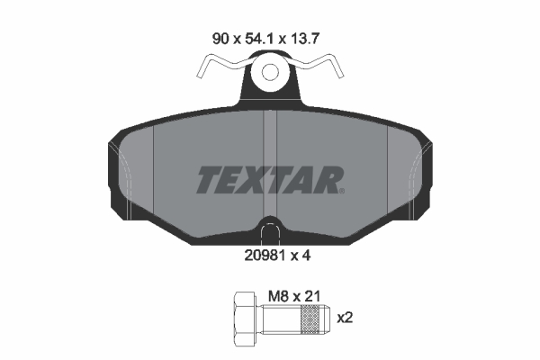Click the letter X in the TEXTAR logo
pos(256,180)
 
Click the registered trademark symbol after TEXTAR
pos(339,190)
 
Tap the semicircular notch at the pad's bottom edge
pos(269,228)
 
